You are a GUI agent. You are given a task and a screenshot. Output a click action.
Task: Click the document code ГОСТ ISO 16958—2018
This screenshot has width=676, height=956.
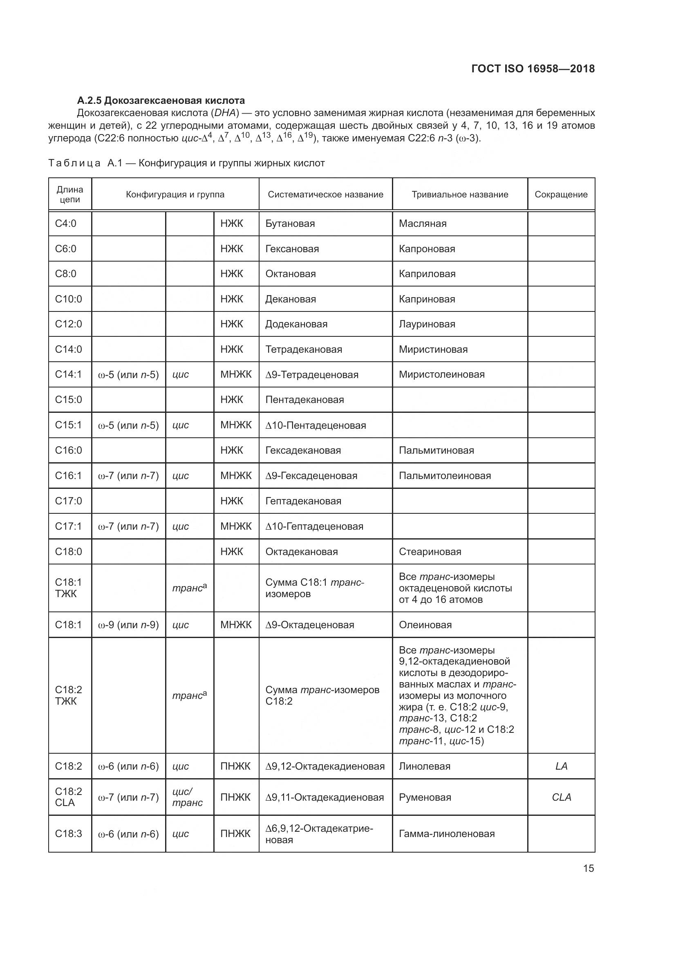[x=533, y=69]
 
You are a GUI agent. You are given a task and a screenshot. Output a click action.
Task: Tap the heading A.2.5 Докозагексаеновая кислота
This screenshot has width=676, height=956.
[x=161, y=101]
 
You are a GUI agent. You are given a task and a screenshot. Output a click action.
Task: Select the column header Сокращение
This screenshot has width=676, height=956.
[x=561, y=195]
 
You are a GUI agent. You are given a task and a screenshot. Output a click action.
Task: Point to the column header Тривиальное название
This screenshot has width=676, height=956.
[x=459, y=195]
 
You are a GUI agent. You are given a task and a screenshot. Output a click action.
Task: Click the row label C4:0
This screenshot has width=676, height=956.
[x=66, y=224]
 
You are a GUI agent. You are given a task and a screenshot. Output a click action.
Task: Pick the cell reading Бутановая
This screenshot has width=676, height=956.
[x=290, y=224]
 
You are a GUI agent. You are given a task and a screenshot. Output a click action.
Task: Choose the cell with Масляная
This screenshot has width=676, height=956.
[x=423, y=224]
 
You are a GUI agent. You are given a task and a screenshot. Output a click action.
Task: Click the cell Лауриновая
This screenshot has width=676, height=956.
[x=427, y=324]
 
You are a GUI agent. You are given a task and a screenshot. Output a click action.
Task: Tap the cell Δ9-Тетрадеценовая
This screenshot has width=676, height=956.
[x=312, y=375]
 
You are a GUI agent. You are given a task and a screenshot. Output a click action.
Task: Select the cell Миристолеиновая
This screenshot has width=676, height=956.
[x=442, y=374]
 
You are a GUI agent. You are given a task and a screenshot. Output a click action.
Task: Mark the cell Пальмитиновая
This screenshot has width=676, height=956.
[x=436, y=450]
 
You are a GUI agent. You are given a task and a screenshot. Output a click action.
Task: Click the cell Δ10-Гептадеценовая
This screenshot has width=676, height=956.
[x=314, y=526]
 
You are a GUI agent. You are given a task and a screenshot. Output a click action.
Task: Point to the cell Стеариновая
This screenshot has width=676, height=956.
[x=430, y=552]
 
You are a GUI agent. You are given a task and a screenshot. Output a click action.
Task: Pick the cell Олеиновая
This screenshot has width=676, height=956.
[x=425, y=625]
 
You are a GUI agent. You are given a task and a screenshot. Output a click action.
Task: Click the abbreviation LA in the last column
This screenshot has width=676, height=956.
[x=561, y=766]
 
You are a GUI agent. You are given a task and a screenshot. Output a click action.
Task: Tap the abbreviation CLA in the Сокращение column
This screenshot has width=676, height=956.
[x=561, y=797]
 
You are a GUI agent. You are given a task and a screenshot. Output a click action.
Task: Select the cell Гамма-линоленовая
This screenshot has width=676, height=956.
[x=447, y=834]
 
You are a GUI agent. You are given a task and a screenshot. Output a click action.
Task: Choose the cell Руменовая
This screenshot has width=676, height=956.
[x=425, y=797]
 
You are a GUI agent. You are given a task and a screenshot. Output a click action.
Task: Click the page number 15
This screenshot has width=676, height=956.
[x=588, y=868]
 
